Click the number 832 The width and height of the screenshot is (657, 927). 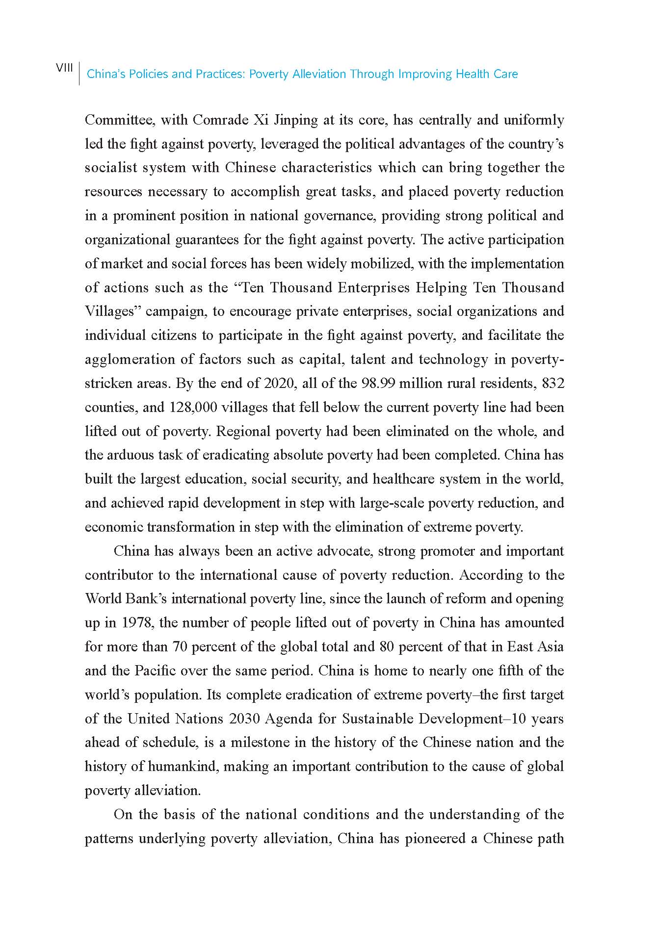click(x=553, y=383)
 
